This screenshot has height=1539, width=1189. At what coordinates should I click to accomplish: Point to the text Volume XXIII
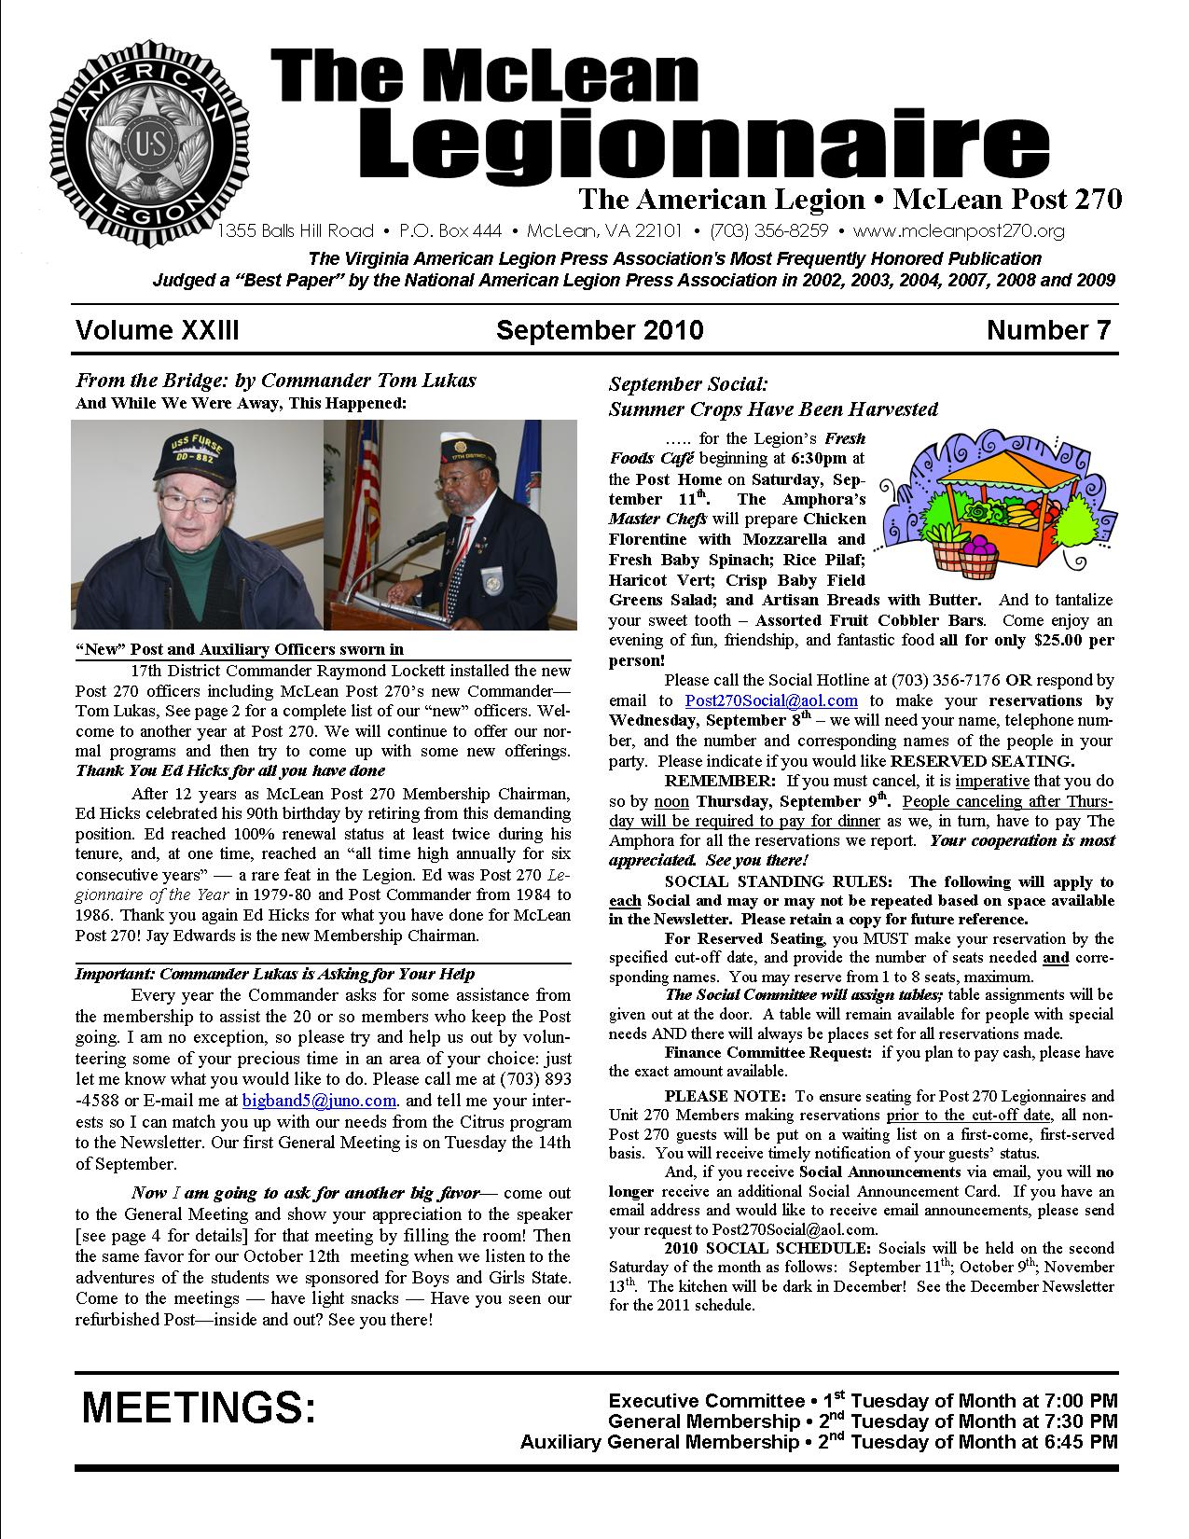[x=158, y=330]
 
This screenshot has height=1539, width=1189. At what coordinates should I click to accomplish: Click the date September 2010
[x=599, y=330]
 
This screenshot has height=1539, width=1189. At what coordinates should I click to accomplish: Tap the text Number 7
[x=1049, y=330]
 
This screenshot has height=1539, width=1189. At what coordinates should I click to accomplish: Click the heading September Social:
[x=687, y=384]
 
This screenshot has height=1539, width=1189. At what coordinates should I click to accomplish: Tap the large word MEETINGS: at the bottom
[x=199, y=1408]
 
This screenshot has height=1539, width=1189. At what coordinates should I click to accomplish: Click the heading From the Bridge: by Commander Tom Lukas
[x=275, y=381]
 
